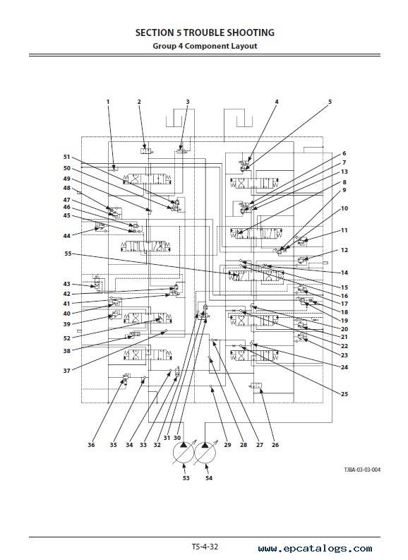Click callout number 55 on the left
point(68,254)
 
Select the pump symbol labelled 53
point(184,453)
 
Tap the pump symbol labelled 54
point(205,453)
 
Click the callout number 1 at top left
point(108,102)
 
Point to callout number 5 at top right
point(330,102)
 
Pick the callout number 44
point(67,236)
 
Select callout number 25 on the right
point(344,394)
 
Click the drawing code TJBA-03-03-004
point(362,470)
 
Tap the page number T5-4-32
point(205,547)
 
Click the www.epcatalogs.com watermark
point(316,549)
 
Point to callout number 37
point(67,371)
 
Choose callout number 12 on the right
point(344,250)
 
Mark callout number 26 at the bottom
point(275,445)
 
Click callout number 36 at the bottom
point(91,445)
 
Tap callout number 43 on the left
point(67,284)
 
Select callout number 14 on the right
point(344,273)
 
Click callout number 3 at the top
point(188,102)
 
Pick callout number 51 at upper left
point(67,157)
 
